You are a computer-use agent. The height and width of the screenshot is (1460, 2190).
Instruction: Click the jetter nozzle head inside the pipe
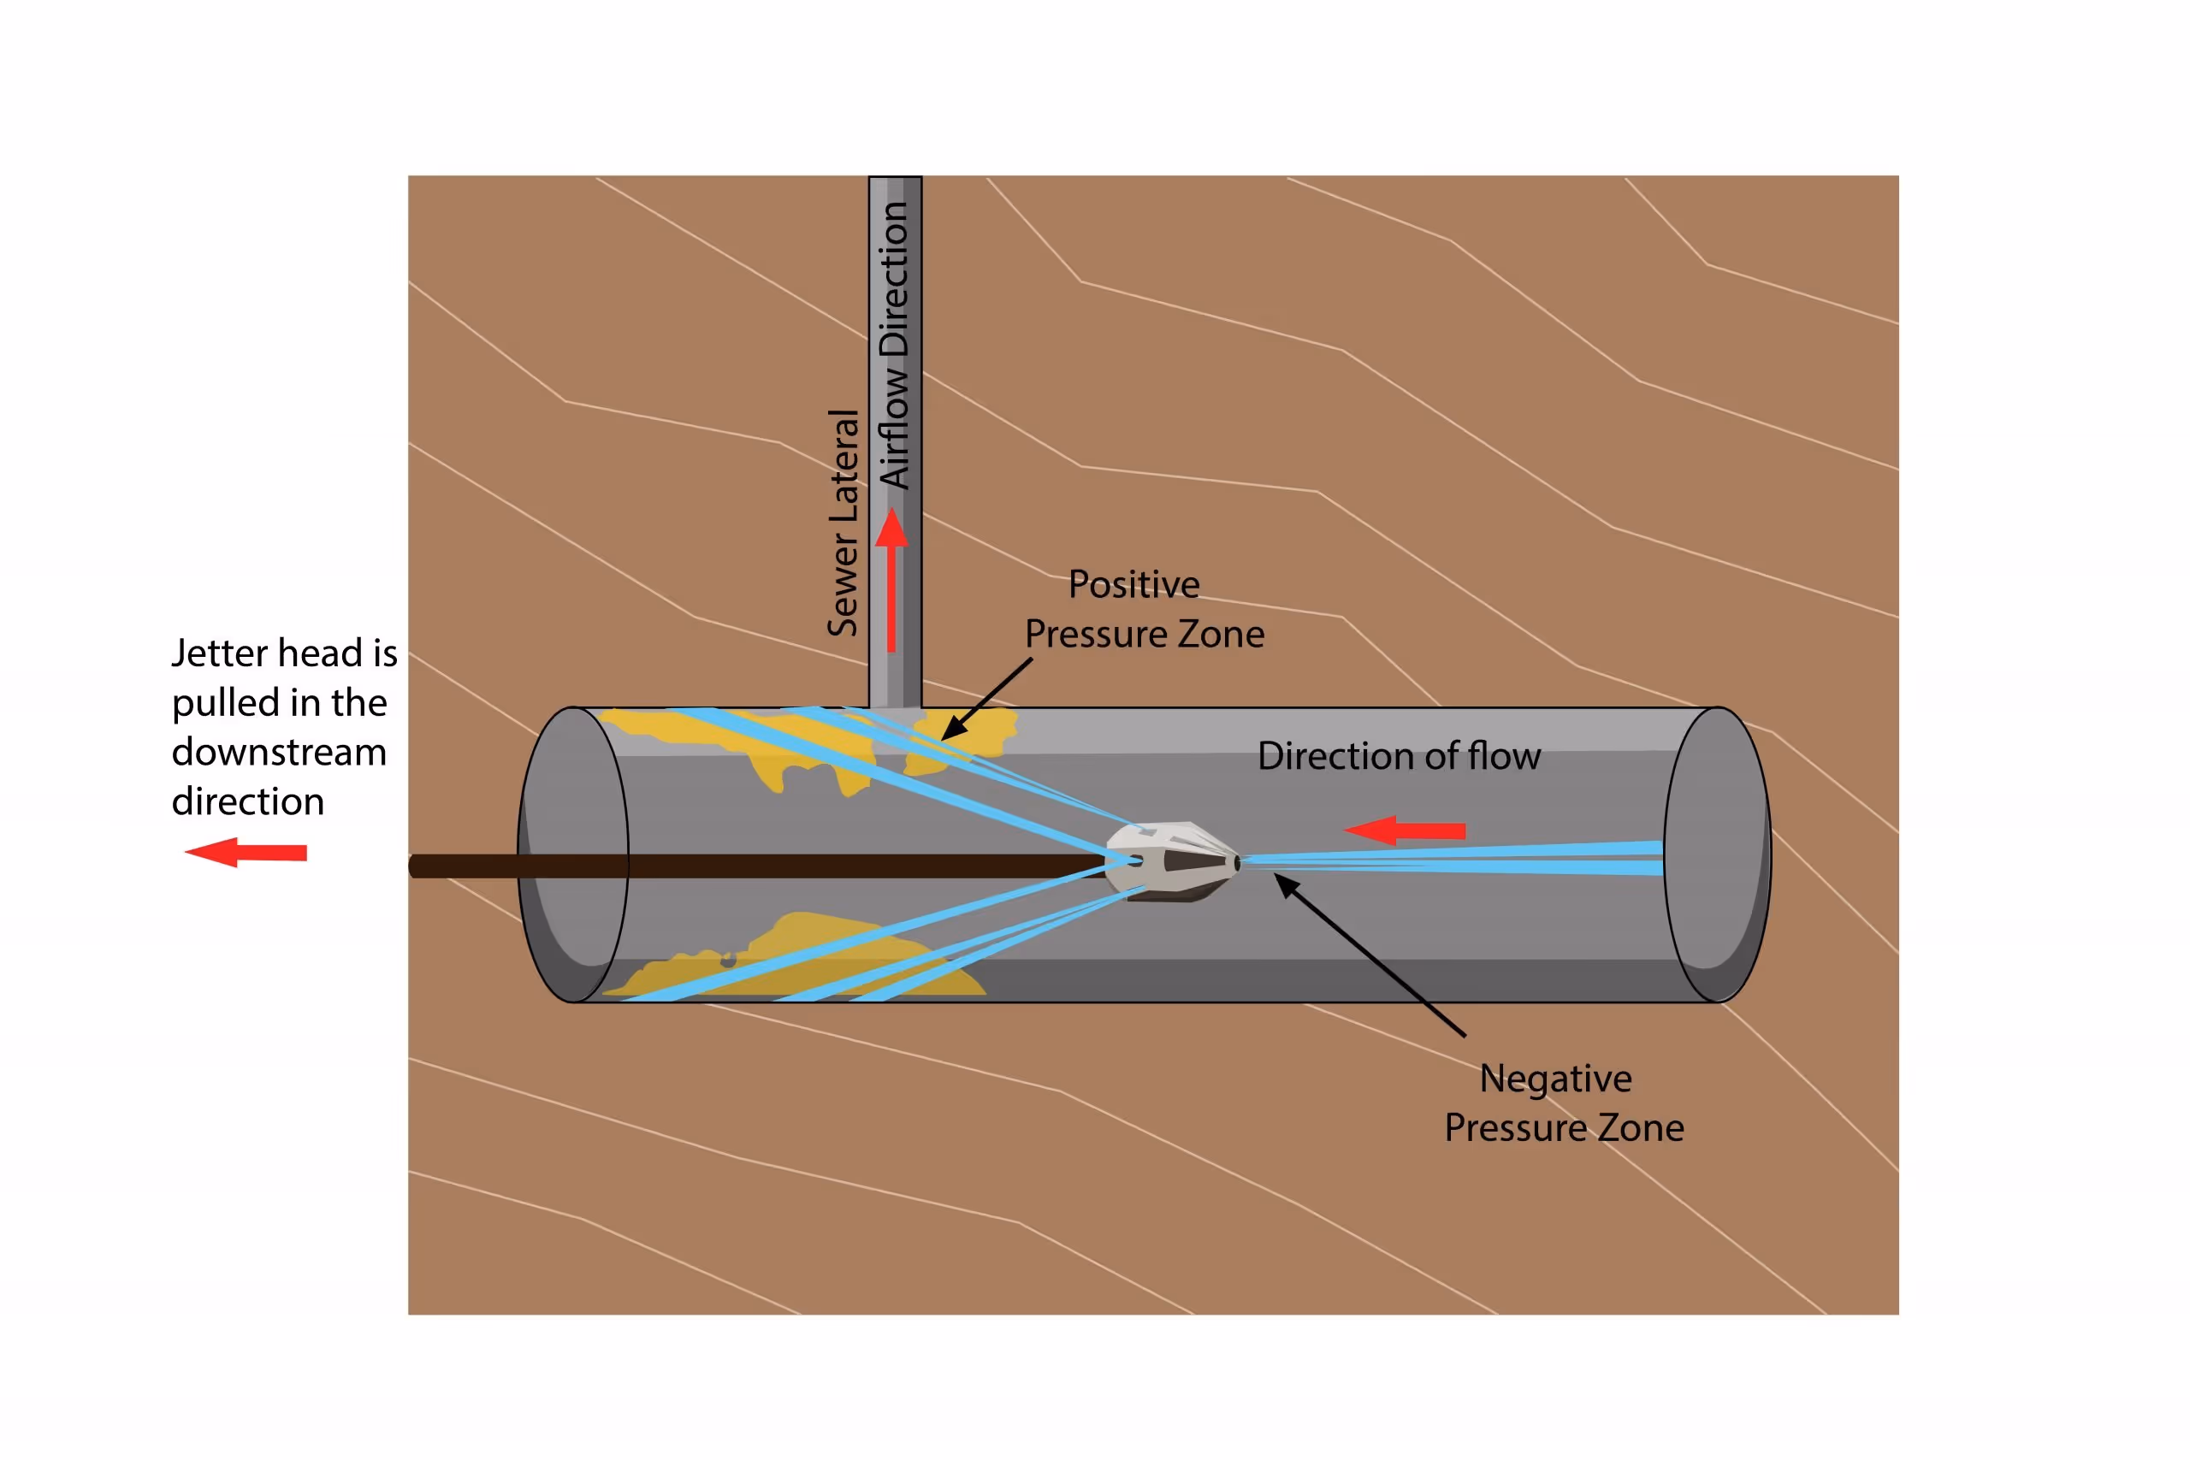1173,860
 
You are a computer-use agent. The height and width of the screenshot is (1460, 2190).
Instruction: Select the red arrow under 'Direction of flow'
1406,830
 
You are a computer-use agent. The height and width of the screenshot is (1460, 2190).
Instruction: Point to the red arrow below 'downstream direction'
246,852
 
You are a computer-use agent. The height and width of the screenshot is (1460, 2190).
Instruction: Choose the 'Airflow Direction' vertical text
894,345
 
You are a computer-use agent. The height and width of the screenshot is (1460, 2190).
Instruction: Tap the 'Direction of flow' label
1399,756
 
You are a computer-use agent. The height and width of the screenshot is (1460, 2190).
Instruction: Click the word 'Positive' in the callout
1133,585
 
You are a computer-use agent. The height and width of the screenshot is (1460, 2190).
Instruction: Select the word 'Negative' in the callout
1555,1079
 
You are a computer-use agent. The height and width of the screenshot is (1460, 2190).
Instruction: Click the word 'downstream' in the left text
278,753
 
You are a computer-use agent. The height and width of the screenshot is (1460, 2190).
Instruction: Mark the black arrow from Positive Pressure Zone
987,698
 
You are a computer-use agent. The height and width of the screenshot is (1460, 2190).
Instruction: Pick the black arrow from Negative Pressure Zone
1369,955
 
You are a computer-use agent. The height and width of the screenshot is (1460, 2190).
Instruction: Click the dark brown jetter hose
745,866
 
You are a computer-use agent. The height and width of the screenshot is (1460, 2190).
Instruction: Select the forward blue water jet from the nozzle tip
1453,859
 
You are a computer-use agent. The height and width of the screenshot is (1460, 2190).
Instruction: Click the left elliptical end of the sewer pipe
572,854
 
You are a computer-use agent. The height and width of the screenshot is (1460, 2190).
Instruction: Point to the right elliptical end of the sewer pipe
1718,854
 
